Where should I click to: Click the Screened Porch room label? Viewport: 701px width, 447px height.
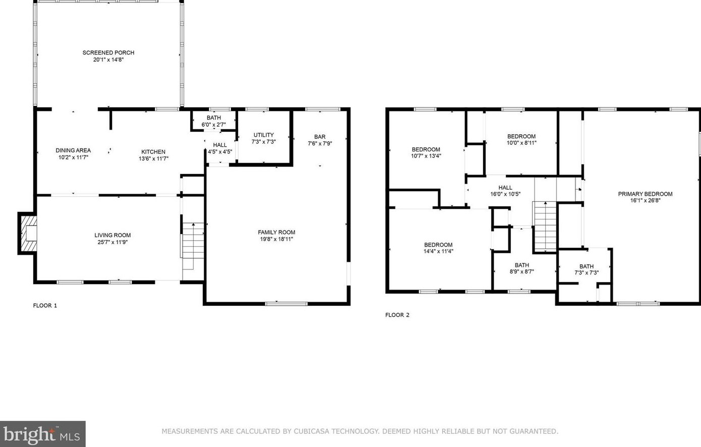(x=108, y=52)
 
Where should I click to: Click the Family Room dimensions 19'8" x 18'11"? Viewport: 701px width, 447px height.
(x=276, y=239)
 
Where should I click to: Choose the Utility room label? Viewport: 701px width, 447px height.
(x=263, y=135)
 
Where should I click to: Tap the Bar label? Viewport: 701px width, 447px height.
(x=320, y=137)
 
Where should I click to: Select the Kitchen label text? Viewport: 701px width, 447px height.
(x=153, y=152)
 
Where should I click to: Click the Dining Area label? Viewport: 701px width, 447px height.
(x=73, y=150)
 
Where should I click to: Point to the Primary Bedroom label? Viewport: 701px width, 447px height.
(x=645, y=194)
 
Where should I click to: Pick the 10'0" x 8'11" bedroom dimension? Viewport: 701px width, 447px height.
(x=521, y=143)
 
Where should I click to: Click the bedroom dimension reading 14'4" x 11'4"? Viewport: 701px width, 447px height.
(x=438, y=251)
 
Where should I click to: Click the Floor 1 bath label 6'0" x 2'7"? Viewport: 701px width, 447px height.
(x=213, y=125)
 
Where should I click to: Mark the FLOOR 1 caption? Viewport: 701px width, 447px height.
(x=45, y=305)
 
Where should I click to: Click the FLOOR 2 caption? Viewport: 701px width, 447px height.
(x=397, y=315)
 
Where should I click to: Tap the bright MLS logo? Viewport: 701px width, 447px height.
(x=42, y=434)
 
